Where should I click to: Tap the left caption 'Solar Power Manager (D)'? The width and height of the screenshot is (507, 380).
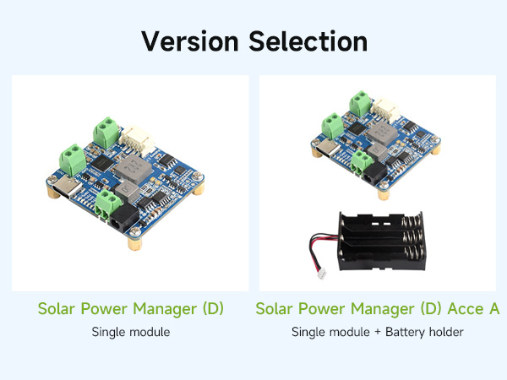[x=131, y=309]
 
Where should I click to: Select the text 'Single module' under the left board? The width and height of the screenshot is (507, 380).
[x=131, y=332]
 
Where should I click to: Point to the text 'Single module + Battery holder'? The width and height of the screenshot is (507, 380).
[x=378, y=332]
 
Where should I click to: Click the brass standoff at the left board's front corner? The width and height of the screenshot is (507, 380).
[x=134, y=244]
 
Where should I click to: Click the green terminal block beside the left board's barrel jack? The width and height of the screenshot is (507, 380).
[x=106, y=202]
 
